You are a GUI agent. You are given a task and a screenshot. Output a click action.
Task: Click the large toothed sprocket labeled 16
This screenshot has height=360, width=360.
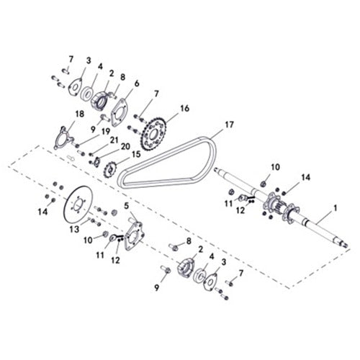coord(153,132)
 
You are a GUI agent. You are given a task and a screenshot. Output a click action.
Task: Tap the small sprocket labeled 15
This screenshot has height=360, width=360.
coord(112,171)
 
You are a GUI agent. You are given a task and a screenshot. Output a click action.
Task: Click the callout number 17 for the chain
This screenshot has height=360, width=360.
coord(229,125)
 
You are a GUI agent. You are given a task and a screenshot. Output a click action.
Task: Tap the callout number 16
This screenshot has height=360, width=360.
coord(185,108)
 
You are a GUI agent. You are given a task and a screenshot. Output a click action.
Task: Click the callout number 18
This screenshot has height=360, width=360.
coord(79,114)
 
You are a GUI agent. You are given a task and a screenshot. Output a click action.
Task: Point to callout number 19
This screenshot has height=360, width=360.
coord(106,131)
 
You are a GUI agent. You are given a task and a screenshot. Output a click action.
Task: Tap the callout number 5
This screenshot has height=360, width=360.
coord(127,205)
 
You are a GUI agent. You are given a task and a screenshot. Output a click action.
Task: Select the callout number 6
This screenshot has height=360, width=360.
coord(136,83)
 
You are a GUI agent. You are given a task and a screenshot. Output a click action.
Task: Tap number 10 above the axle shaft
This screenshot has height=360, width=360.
coord(275,167)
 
